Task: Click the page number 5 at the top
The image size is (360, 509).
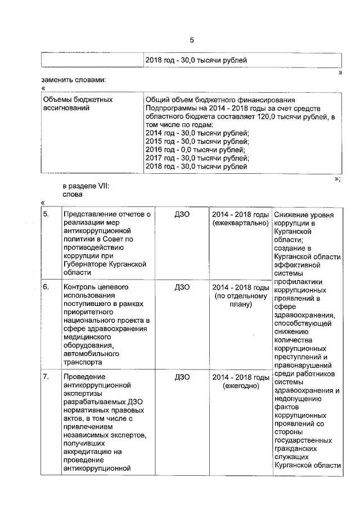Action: pyautogui.click(x=191, y=40)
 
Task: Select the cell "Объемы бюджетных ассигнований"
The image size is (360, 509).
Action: pyautogui.click(x=78, y=103)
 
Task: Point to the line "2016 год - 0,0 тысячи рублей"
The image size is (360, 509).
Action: pyautogui.click(x=195, y=150)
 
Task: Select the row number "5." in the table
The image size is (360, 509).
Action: pyautogui.click(x=47, y=214)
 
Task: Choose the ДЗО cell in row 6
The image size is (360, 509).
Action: pyautogui.click(x=182, y=287)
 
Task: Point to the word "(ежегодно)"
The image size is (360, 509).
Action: pyautogui.click(x=241, y=386)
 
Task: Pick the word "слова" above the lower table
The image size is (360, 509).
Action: pyautogui.click(x=73, y=195)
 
